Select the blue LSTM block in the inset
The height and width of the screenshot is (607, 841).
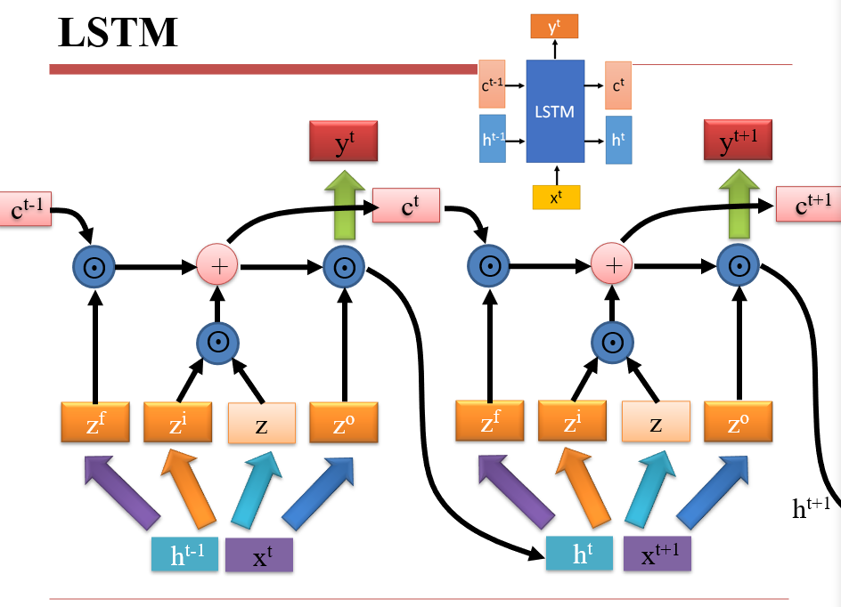click(x=554, y=111)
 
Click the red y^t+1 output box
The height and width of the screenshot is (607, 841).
click(x=737, y=141)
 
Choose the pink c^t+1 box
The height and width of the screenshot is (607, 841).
click(x=807, y=204)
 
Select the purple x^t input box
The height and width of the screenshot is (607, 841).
click(x=258, y=555)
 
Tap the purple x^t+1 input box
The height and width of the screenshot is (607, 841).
click(x=657, y=554)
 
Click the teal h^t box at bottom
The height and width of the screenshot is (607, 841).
click(x=579, y=553)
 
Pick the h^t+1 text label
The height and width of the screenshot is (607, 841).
click(x=811, y=507)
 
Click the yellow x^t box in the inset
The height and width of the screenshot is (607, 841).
click(x=556, y=197)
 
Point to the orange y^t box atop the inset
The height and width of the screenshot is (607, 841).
click(x=554, y=27)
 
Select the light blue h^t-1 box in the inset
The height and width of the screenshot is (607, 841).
click(x=492, y=139)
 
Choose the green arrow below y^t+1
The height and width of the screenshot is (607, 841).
click(x=737, y=206)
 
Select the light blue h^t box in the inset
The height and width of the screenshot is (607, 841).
click(x=618, y=140)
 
